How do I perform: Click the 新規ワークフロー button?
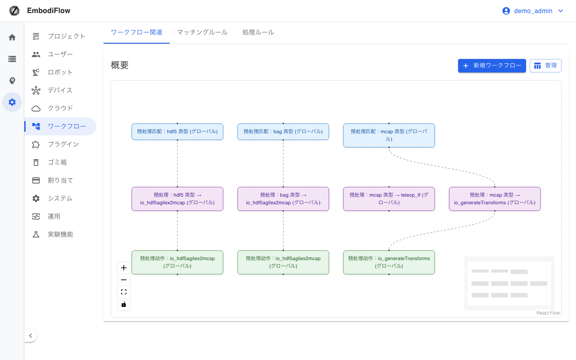492,66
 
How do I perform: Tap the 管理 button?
545,66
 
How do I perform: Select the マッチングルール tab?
202,32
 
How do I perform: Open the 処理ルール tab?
258,32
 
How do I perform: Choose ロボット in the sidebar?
60,72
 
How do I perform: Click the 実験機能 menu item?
60,234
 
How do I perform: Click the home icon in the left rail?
12,37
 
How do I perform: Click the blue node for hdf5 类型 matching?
177,132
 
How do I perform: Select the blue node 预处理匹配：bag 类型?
283,132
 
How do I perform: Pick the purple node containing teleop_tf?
389,199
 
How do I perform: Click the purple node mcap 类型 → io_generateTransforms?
495,199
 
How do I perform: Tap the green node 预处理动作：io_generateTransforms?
389,262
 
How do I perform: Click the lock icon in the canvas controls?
124,304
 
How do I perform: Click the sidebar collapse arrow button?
31,336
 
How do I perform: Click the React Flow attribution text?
548,313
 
